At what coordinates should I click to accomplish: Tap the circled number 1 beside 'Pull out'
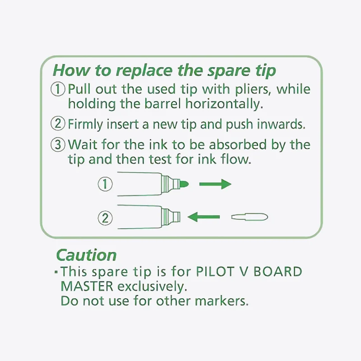(58, 89)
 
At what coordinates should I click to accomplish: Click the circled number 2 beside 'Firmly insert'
(58, 123)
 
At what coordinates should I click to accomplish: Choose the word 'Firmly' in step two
(85, 125)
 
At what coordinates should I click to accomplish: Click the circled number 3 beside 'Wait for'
(58, 144)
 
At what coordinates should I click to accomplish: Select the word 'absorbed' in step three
(238, 144)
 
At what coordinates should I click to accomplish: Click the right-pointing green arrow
(215, 184)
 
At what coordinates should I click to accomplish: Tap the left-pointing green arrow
(204, 217)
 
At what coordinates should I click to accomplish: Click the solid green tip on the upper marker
(184, 184)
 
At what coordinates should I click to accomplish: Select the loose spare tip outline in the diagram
(250, 217)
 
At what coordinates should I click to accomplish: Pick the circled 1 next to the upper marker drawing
(105, 184)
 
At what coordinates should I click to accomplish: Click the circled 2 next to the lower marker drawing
(105, 218)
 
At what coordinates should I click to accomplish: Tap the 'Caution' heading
(86, 255)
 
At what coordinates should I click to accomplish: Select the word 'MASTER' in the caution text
(87, 286)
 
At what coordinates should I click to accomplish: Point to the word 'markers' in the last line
(221, 301)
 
